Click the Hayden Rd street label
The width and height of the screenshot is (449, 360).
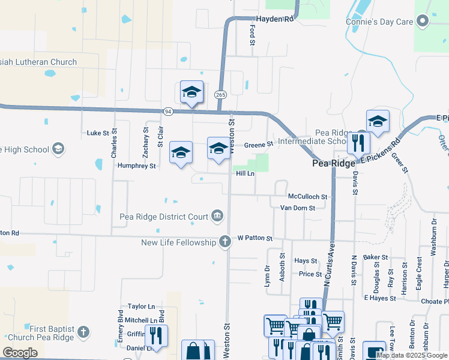[274, 19]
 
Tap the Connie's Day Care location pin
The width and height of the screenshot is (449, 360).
[423, 22]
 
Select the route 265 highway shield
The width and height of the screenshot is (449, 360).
[220, 95]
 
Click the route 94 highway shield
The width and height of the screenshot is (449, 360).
[168, 111]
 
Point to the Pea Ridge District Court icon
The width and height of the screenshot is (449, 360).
[217, 217]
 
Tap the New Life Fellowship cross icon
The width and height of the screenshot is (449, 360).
[225, 242]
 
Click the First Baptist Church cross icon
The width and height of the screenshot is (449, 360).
[83, 331]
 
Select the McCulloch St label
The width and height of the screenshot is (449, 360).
[307, 196]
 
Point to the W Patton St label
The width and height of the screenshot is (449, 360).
[255, 238]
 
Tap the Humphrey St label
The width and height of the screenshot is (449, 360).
[137, 166]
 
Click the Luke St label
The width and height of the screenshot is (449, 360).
[97, 133]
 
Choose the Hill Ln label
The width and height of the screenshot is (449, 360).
[245, 173]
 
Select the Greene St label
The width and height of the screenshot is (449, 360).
[258, 144]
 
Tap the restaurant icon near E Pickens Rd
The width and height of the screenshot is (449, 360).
[358, 143]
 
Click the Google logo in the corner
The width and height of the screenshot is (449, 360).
[20, 353]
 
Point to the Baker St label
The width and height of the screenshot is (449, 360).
[376, 257]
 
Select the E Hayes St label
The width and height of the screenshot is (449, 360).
[379, 298]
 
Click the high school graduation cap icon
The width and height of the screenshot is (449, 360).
[58, 148]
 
